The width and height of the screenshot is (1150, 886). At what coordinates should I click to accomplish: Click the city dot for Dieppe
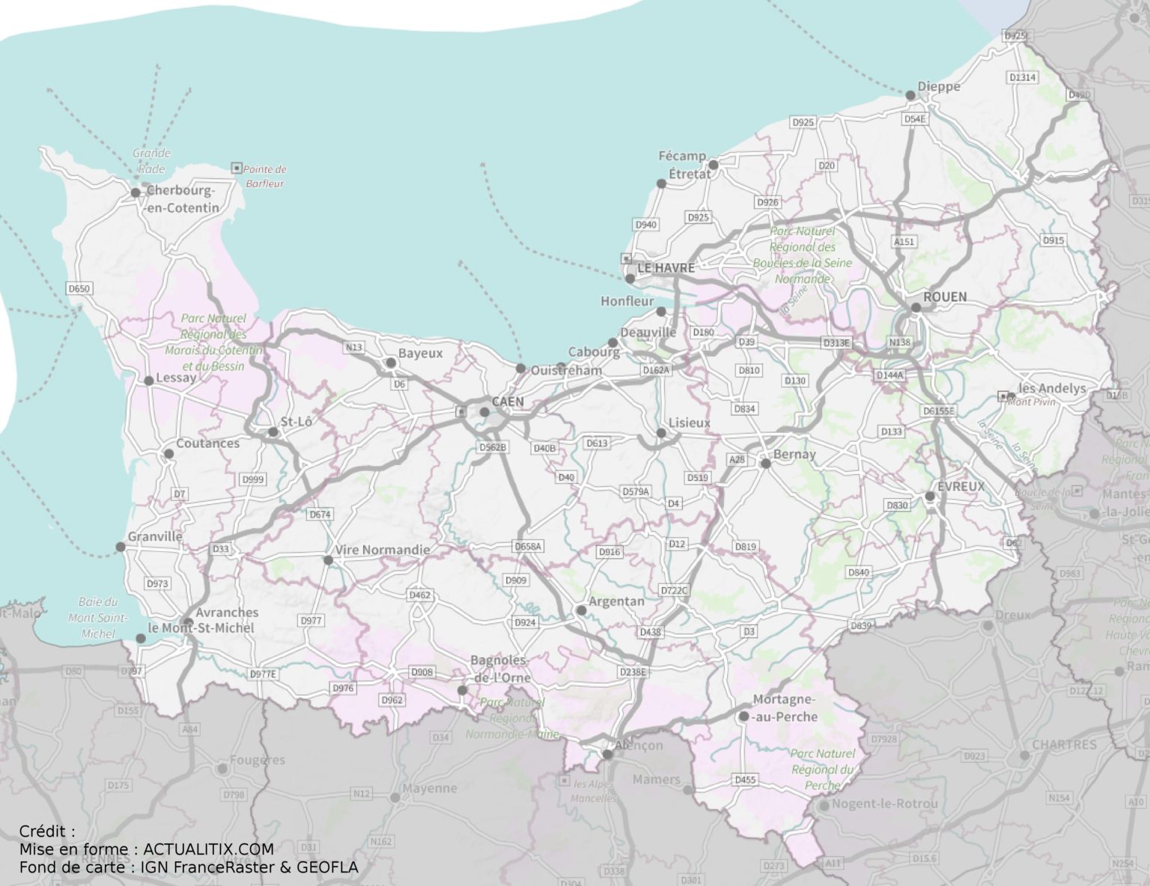(910, 95)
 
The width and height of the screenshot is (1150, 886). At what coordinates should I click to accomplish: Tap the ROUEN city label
(944, 297)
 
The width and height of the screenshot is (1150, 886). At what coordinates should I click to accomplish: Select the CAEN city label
(508, 402)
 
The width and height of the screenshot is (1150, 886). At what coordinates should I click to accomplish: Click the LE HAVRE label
(666, 268)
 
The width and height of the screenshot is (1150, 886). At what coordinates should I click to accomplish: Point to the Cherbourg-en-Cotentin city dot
(136, 192)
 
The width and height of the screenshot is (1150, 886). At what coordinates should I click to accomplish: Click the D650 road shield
(79, 288)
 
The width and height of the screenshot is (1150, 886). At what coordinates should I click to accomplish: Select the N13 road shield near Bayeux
(353, 348)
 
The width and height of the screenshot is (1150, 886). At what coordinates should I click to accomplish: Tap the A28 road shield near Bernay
(737, 459)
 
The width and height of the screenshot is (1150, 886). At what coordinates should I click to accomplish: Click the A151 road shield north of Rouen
(904, 242)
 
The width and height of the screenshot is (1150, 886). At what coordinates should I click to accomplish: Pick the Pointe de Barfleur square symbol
(237, 168)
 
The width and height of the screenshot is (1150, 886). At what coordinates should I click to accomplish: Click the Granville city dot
(121, 547)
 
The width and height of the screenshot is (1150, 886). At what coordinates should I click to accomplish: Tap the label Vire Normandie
(382, 550)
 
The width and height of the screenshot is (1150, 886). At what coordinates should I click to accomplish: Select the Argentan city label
(616, 601)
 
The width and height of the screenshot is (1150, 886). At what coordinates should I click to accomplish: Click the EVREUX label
(961, 487)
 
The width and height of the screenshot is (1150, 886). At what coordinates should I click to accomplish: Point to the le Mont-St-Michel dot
(141, 639)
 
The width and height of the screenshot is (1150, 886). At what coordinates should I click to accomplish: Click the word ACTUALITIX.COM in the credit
(208, 849)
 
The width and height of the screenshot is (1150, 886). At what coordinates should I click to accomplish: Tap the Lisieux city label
(689, 423)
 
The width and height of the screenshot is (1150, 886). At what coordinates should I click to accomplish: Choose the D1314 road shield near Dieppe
(1022, 77)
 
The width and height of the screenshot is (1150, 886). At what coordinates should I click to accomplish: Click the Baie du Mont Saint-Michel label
(98, 618)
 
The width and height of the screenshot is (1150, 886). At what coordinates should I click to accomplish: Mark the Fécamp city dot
(714, 165)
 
